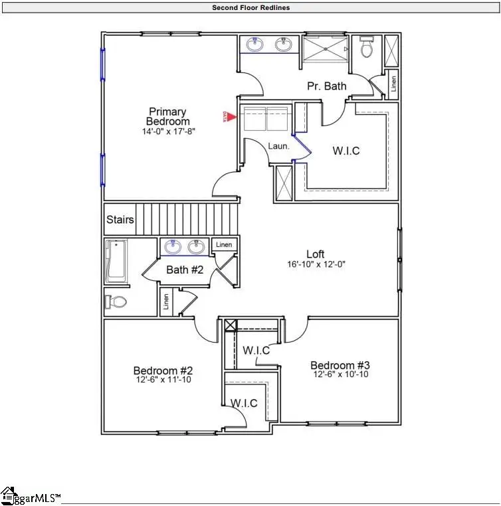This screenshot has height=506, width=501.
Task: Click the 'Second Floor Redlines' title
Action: click(x=250, y=8)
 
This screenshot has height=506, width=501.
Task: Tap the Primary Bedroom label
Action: click(x=167, y=116)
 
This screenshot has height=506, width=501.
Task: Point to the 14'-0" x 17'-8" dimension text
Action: click(x=167, y=131)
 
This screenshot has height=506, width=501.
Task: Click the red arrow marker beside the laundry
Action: click(x=233, y=116)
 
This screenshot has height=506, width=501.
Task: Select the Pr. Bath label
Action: click(x=326, y=86)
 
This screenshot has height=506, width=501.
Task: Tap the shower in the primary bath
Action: click(x=326, y=49)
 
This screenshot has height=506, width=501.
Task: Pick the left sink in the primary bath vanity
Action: click(x=254, y=45)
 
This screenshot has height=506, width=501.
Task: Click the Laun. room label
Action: click(x=278, y=146)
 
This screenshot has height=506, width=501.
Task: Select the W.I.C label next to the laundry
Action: click(x=346, y=151)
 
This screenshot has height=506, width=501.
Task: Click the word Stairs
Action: click(x=120, y=220)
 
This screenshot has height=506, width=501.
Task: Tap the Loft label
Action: click(x=315, y=254)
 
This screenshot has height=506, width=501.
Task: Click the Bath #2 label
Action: click(x=184, y=270)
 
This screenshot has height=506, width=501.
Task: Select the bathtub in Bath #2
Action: click(x=115, y=261)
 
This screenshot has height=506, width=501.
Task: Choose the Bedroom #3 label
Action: click(x=340, y=365)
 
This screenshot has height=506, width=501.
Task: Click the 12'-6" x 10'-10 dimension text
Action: click(x=340, y=375)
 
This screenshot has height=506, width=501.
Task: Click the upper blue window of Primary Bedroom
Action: click(x=102, y=64)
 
